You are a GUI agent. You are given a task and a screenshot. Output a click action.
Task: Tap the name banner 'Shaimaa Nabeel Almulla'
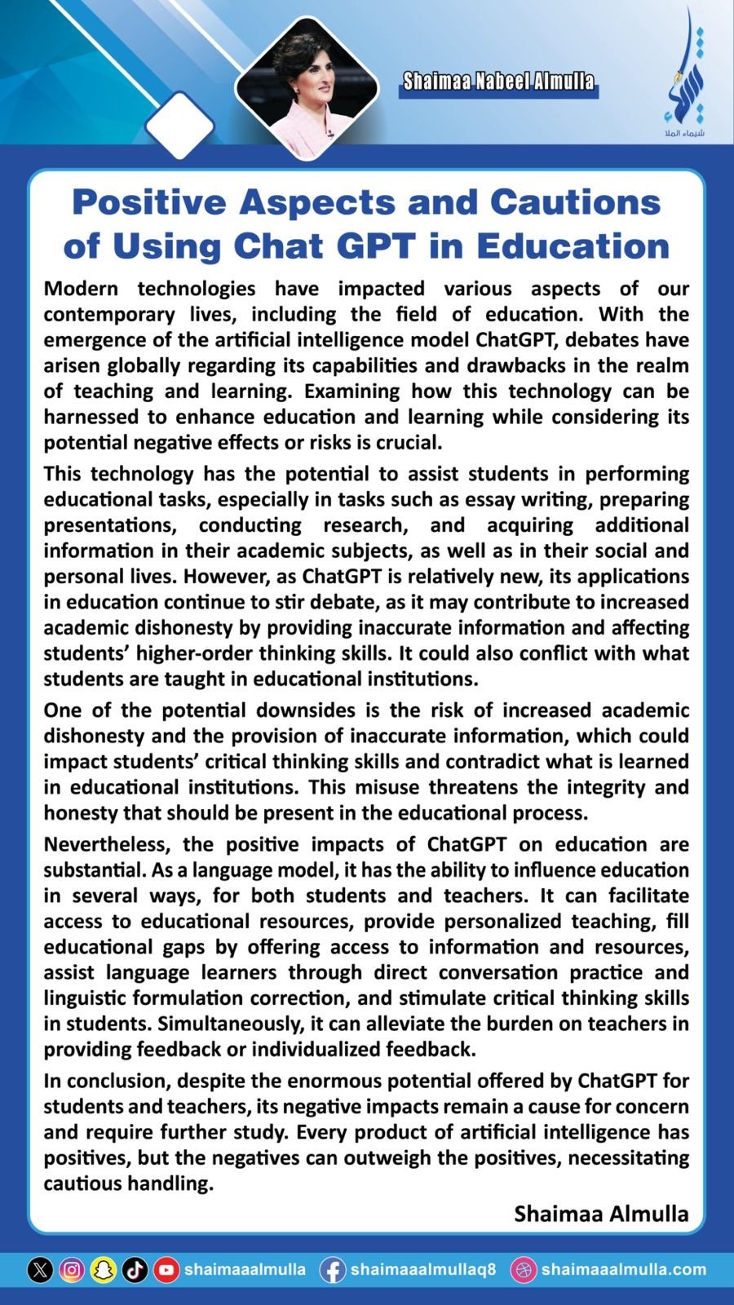pos(498,82)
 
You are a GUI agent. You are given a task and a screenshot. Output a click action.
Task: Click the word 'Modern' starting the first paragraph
pos(81,289)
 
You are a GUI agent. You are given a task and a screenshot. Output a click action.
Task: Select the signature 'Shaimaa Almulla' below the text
pos(601,1214)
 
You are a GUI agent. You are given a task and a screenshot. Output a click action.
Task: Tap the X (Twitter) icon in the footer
pos(40,1270)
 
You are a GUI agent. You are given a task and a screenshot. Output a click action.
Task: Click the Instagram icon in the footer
pos(72,1270)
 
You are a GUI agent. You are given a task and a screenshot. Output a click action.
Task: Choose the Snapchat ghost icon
pos(104,1270)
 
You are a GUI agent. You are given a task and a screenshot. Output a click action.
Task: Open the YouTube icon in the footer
pos(166,1270)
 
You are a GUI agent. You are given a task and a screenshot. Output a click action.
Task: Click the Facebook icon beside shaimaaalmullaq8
pos(332,1270)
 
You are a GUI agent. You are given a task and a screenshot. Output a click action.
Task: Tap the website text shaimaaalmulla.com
pos(623,1270)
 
